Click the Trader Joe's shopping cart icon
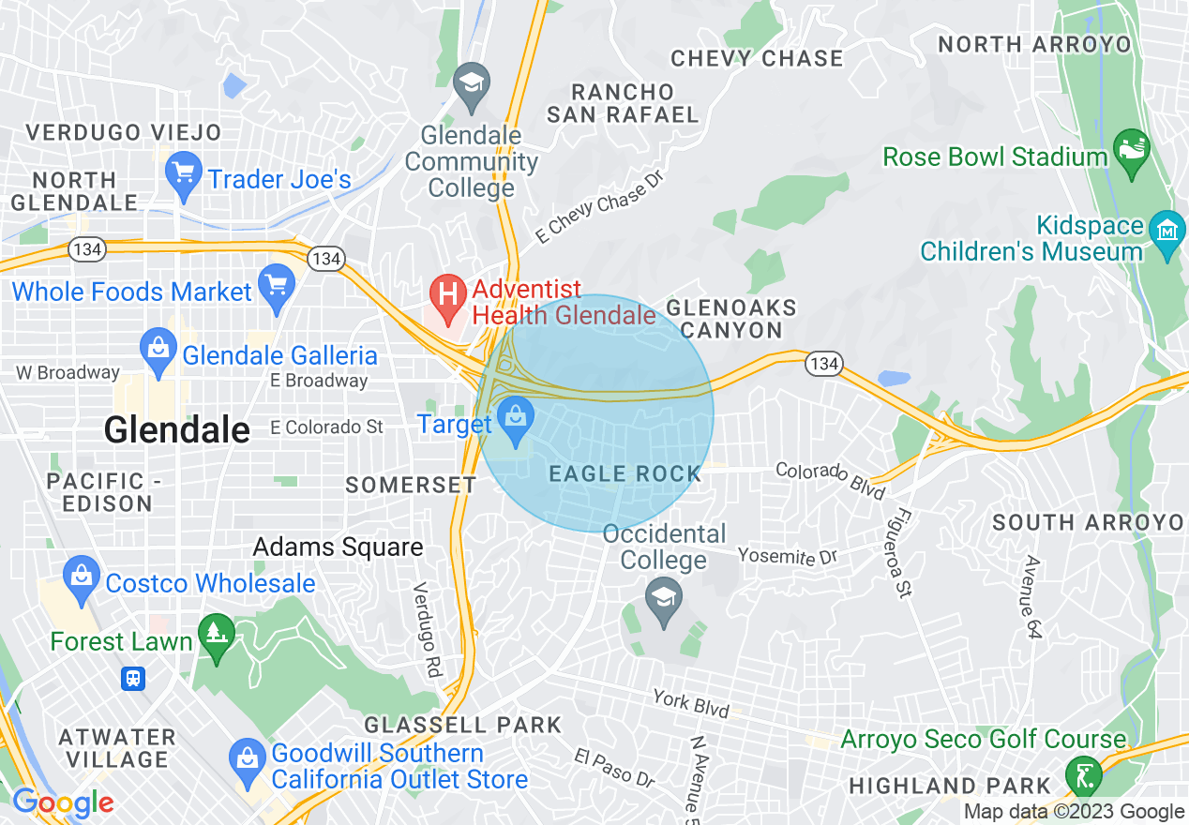tap(183, 173)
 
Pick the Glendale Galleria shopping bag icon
tap(158, 350)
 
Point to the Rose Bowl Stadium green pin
tap(1131, 151)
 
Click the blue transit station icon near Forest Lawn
tap(133, 679)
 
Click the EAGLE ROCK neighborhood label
tap(625, 474)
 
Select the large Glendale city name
tap(177, 430)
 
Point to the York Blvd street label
tap(691, 704)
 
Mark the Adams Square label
tap(339, 547)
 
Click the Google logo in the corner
tap(62, 803)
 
